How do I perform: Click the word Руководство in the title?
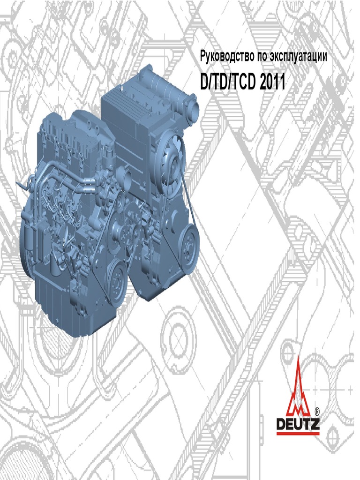(227, 57)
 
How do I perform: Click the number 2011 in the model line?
(272, 82)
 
